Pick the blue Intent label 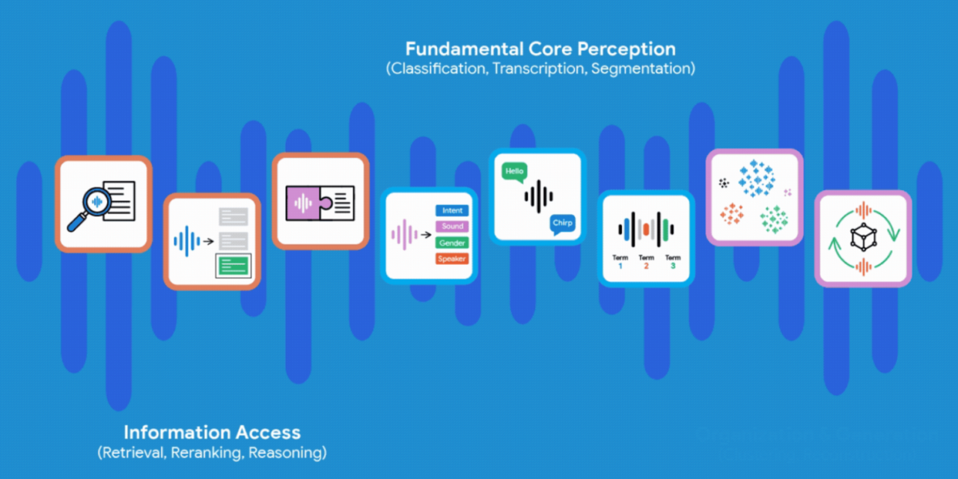click(452, 211)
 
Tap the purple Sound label click(452, 227)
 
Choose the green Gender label click(452, 242)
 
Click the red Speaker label click(452, 259)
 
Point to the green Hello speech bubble click(515, 171)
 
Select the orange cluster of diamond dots click(732, 215)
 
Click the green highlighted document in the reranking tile click(234, 264)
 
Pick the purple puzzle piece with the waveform click(306, 201)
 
